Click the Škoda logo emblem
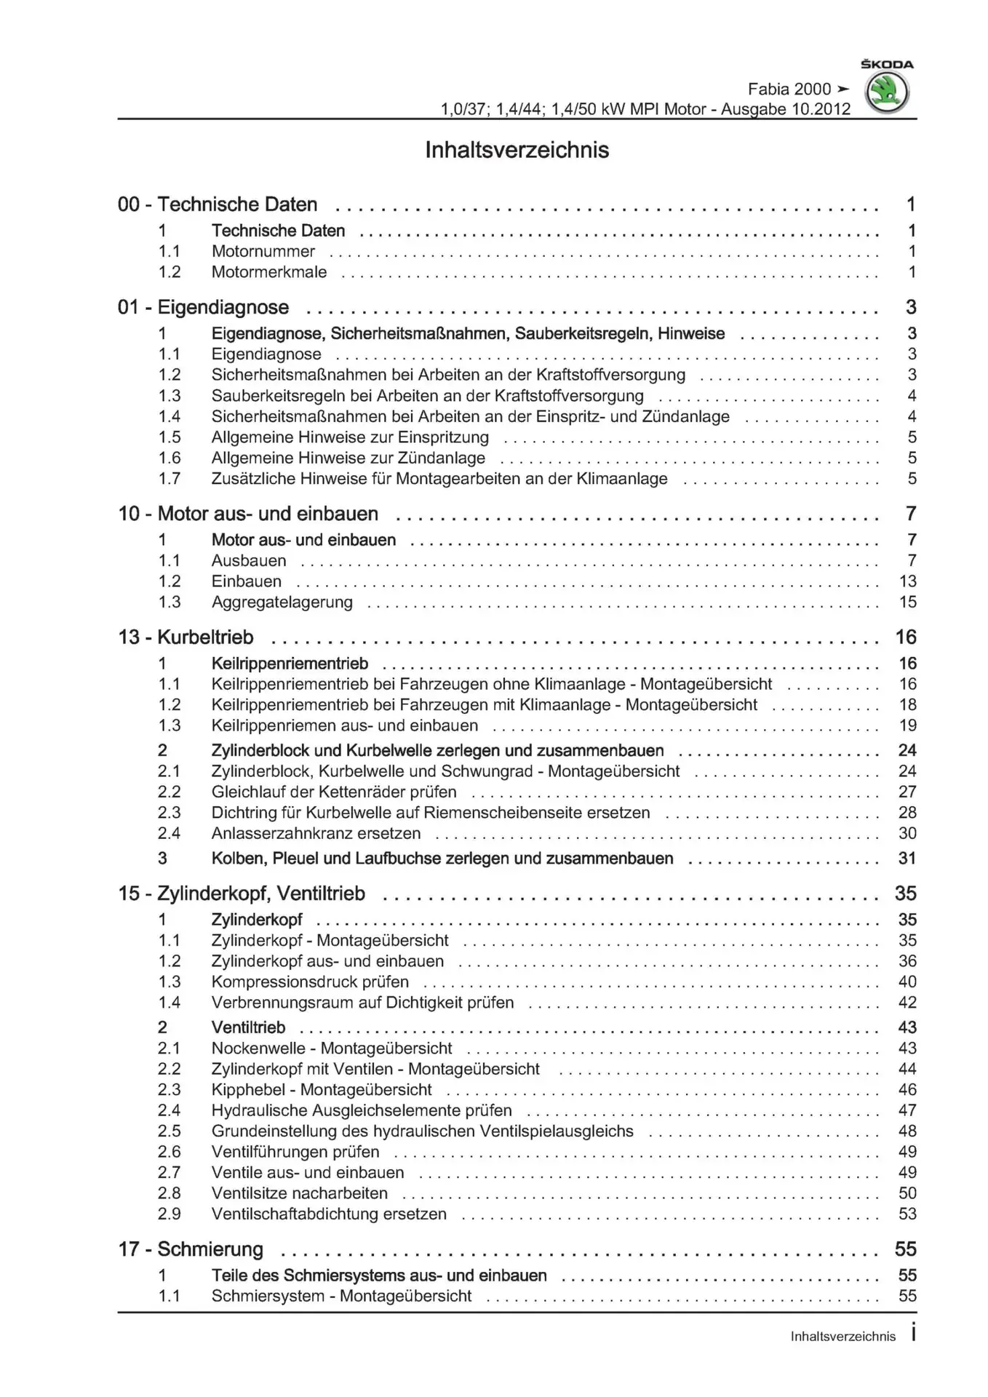[x=886, y=93]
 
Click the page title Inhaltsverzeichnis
[x=517, y=150]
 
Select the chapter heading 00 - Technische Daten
[x=218, y=204]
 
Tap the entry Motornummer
[x=263, y=252]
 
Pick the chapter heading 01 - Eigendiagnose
[x=203, y=308]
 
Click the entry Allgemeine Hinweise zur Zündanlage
[x=348, y=458]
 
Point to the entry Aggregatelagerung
[x=282, y=602]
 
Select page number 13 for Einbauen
[x=907, y=581]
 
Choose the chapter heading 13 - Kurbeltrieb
[x=186, y=637]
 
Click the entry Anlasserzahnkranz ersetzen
[x=316, y=834]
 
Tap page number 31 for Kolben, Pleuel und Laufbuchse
[x=907, y=859]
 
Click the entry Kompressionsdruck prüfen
[x=310, y=982]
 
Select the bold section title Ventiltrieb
[x=248, y=1027]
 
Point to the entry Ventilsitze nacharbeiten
[x=299, y=1193]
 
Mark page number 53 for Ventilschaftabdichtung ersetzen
[x=907, y=1214]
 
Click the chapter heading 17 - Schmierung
[x=191, y=1249]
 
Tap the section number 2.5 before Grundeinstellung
[x=169, y=1131]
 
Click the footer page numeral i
[x=913, y=1334]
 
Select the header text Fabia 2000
[x=789, y=89]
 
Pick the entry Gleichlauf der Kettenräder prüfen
[x=334, y=792]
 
